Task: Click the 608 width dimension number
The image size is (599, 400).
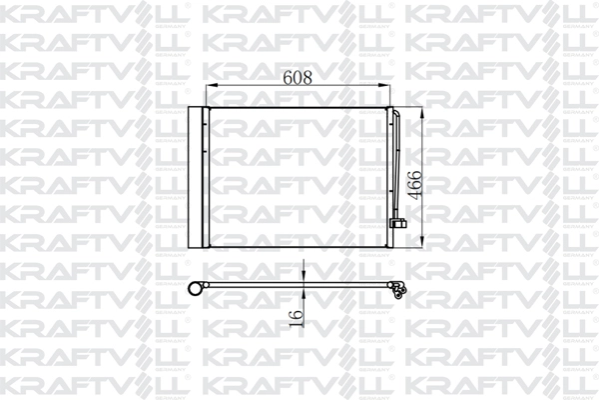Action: (298, 77)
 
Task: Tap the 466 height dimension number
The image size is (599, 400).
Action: (414, 185)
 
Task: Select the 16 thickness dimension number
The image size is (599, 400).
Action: (297, 318)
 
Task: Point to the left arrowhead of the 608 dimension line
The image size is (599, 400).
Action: (212, 85)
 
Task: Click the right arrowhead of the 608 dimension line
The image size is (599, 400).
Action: (384, 85)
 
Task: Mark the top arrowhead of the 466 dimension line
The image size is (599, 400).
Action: (421, 114)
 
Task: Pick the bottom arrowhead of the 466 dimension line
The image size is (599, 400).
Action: (421, 241)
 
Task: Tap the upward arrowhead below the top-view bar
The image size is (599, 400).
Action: (303, 293)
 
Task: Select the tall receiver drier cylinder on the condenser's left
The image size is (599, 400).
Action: (195, 177)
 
